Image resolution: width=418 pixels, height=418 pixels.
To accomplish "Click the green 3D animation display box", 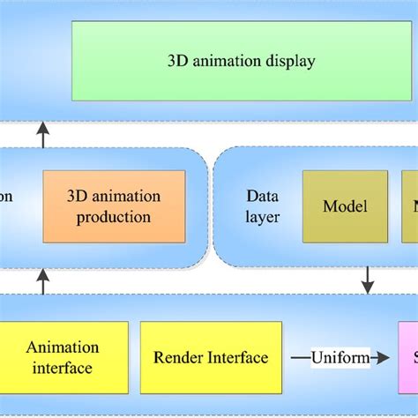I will coord(241,62).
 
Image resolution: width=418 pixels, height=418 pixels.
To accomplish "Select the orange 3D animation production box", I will coord(115,206).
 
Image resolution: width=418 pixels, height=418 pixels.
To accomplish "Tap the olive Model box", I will coord(345,206).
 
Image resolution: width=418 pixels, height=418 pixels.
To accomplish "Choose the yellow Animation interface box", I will coord(63,357).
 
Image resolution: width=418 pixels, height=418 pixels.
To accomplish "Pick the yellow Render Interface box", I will coord(211,357).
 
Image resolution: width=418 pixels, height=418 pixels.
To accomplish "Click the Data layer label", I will coord(262,206).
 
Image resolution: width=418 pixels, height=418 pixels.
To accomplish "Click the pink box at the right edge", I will coord(408,357).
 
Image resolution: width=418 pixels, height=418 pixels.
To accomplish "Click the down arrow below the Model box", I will coord(368,282).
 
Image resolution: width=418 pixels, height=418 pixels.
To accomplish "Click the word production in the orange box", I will coord(115,217).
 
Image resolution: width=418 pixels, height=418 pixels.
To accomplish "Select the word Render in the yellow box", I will coord(177,357).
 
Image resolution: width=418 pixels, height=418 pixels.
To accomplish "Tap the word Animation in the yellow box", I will coord(63,347).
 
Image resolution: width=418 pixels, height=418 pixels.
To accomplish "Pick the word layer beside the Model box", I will coord(262,217).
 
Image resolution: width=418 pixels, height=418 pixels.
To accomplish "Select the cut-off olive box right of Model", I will coord(410,206).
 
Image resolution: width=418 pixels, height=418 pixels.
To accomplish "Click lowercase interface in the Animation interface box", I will coord(63,368).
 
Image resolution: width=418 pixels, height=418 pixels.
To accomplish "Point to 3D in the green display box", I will coord(176,62).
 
